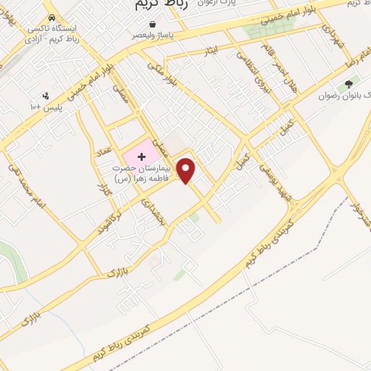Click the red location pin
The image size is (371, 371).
(187, 170)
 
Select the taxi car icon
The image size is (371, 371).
(51, 17)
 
